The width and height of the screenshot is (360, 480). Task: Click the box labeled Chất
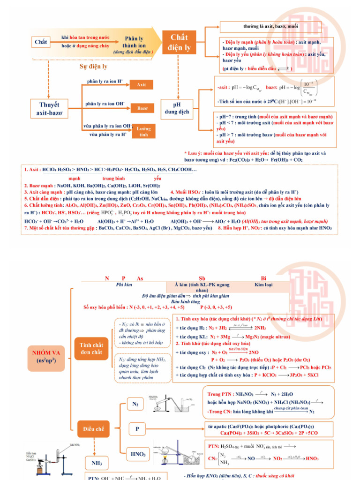tap(41, 42)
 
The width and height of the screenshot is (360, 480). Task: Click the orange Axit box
tap(142, 85)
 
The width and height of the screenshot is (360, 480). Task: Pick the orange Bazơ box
tap(142, 108)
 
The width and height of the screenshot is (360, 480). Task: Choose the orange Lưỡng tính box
tap(143, 131)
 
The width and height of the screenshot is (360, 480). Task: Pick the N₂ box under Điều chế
tap(135, 403)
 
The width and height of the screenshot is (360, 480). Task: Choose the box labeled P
tap(137, 428)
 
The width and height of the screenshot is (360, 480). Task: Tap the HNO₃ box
tap(139, 454)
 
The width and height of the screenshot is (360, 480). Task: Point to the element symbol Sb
tap(202, 278)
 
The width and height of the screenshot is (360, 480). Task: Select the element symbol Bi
tap(263, 278)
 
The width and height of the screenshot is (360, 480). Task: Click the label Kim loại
tap(263, 285)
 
